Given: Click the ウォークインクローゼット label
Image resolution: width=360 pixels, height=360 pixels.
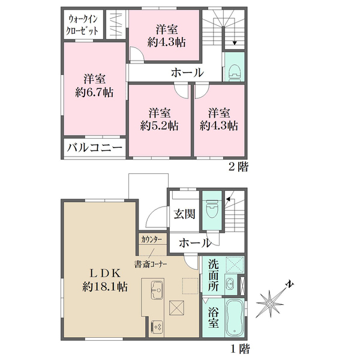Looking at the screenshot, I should (83, 23).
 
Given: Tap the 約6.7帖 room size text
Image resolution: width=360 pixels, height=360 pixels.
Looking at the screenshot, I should (95, 92).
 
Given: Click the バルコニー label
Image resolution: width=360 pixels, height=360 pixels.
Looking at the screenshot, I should (94, 147).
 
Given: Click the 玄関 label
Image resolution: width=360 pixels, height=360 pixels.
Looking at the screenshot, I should (184, 215).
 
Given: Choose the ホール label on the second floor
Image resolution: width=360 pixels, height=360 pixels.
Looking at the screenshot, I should (187, 73).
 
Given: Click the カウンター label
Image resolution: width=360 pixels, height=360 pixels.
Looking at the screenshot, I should (151, 239).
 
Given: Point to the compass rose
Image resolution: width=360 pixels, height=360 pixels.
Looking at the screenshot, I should (271, 304).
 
